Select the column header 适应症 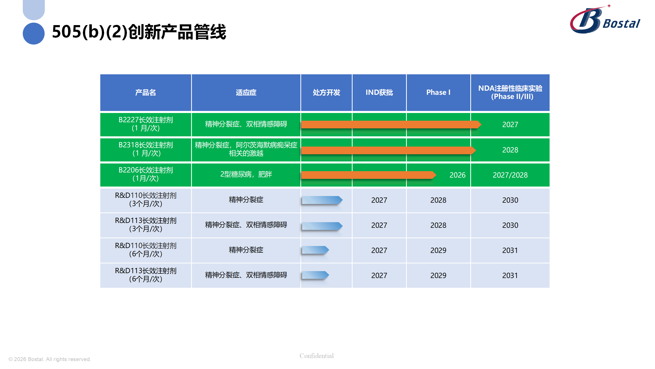(x=246, y=93)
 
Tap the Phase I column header (x=438, y=93)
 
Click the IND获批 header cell (x=379, y=93)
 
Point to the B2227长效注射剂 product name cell (x=146, y=124)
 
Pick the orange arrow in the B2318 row (x=388, y=150)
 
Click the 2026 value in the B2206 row (x=457, y=175)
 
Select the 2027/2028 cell (x=510, y=175)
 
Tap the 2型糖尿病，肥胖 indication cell (x=246, y=175)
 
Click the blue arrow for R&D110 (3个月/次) (x=322, y=200)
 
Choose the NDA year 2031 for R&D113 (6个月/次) (x=510, y=275)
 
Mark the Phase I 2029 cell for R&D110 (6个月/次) (x=438, y=250)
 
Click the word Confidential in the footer (x=316, y=356)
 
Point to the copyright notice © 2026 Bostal (x=50, y=359)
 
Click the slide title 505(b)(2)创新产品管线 (x=139, y=32)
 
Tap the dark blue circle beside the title (x=34, y=34)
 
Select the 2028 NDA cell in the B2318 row (x=510, y=150)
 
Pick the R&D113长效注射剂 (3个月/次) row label (x=146, y=225)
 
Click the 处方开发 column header (x=326, y=93)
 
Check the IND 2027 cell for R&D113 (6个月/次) (x=379, y=275)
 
